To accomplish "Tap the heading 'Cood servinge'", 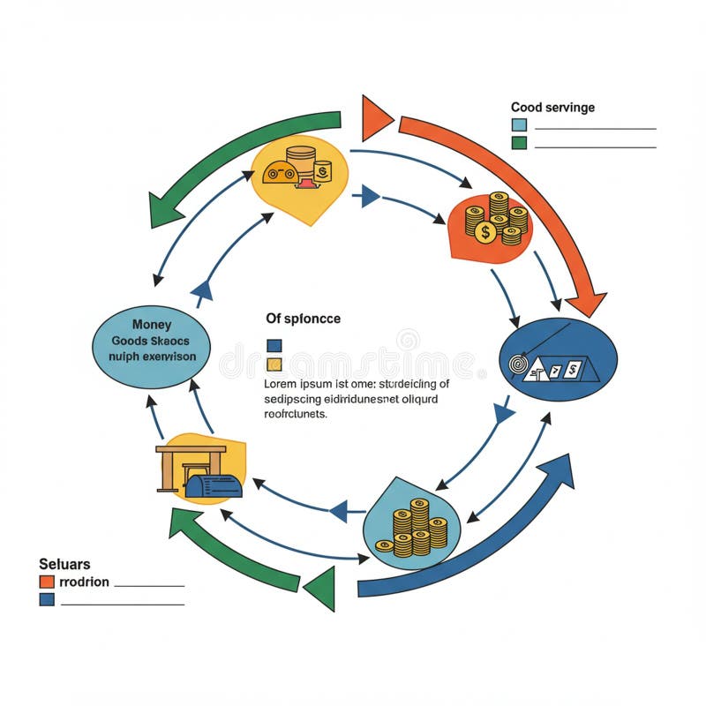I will click(x=552, y=108).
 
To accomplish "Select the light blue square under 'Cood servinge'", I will click(x=519, y=125).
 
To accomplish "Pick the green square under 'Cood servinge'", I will click(x=519, y=142).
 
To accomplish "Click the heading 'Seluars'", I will click(x=64, y=563).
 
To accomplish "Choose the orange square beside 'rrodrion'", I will click(x=47, y=582).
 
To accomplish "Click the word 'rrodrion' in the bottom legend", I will click(x=83, y=582).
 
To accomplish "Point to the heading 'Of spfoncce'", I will click(x=303, y=318).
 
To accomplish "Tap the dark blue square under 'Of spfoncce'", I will click(x=274, y=346).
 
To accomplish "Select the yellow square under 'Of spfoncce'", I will click(x=274, y=364).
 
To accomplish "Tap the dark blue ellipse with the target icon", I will click(x=558, y=359).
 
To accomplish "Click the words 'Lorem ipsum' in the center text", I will click(x=294, y=384).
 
